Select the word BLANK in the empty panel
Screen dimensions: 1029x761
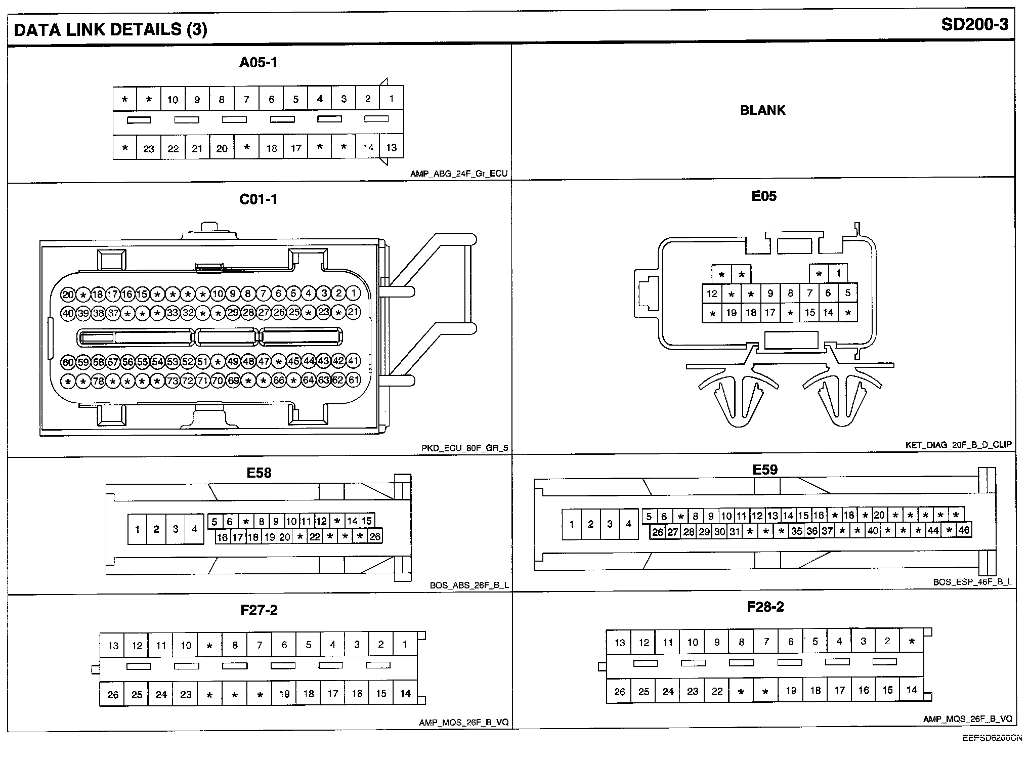(762, 110)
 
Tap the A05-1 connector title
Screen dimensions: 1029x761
(259, 63)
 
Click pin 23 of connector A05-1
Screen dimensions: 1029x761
(149, 149)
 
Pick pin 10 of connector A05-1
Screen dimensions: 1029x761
(173, 100)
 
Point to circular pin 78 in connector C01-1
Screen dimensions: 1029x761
(98, 380)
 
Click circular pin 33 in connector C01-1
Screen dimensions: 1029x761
(173, 313)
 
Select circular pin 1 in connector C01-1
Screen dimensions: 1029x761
(353, 293)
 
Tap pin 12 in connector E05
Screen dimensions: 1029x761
(712, 293)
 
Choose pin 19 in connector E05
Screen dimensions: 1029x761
(731, 313)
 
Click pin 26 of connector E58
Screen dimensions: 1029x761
(375, 536)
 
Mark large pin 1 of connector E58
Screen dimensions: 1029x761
(137, 529)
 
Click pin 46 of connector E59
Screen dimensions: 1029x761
(964, 530)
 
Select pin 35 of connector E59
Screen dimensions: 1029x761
(797, 531)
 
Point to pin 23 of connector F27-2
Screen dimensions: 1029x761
(186, 694)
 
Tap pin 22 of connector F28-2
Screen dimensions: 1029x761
(717, 691)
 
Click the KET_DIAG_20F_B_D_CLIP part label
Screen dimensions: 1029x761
(958, 445)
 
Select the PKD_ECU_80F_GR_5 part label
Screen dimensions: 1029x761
(465, 448)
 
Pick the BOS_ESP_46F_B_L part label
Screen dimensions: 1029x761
(972, 582)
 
